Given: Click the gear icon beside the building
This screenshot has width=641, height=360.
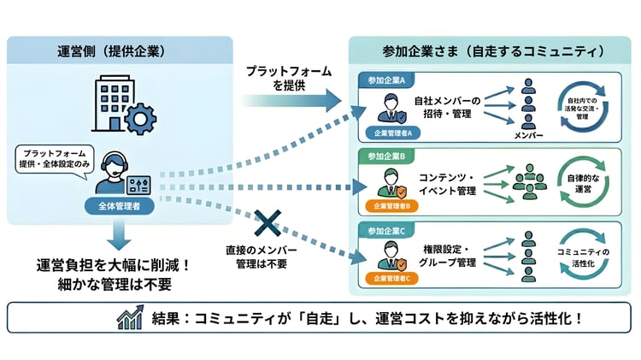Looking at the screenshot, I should click(140, 117).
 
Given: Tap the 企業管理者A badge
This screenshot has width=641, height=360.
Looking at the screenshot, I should click(392, 133).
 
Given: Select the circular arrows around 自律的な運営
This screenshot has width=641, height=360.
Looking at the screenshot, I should click(585, 183).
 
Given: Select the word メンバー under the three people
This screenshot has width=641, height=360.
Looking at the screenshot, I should click(528, 136).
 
